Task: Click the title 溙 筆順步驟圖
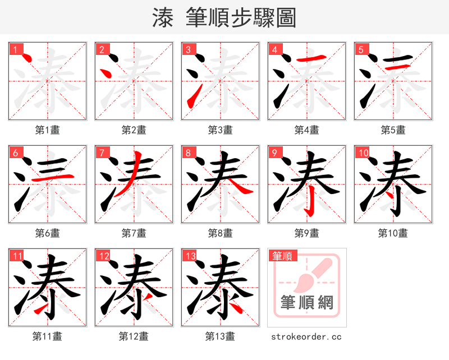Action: pos(224,17)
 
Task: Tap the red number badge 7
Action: pos(102,153)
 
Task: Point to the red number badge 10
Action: pos(363,153)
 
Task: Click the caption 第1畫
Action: pos(47,130)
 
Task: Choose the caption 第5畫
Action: pos(393,130)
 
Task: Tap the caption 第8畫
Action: pos(220,233)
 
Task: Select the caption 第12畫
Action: pos(134,336)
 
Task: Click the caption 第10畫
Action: pos(393,233)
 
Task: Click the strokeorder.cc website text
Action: pos(306,336)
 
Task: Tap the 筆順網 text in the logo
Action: pos(306,303)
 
